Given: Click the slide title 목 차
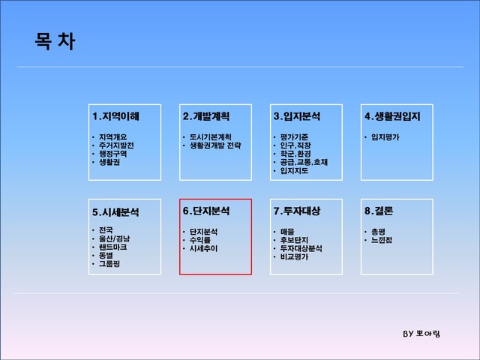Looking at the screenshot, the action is click(x=55, y=41).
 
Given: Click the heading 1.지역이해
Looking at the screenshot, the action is click(x=115, y=116).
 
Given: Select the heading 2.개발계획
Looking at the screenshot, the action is click(x=206, y=116).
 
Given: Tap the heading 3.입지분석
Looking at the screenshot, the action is click(x=297, y=116).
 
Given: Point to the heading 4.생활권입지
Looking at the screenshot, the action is click(x=392, y=116).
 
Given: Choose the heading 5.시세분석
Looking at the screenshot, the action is click(x=115, y=212).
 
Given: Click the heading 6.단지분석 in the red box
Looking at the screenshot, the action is click(x=206, y=211).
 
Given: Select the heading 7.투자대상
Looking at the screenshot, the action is click(x=297, y=211).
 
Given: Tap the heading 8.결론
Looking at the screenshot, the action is click(x=379, y=211).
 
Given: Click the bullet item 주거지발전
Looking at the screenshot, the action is click(x=116, y=145).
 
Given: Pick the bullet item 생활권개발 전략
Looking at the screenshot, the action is click(x=215, y=145).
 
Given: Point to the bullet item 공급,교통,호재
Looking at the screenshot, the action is click(x=304, y=162).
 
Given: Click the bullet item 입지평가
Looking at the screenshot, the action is click(x=385, y=137).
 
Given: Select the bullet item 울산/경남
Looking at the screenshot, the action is click(x=115, y=238).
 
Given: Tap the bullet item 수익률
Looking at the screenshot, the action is click(x=200, y=240).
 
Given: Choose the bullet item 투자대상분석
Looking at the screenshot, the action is click(x=301, y=248).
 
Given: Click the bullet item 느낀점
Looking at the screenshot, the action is click(x=382, y=240).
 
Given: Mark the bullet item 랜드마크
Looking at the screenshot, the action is click(x=112, y=247).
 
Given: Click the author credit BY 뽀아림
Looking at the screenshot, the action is click(x=421, y=334).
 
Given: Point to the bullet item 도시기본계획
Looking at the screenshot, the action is click(x=211, y=137).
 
